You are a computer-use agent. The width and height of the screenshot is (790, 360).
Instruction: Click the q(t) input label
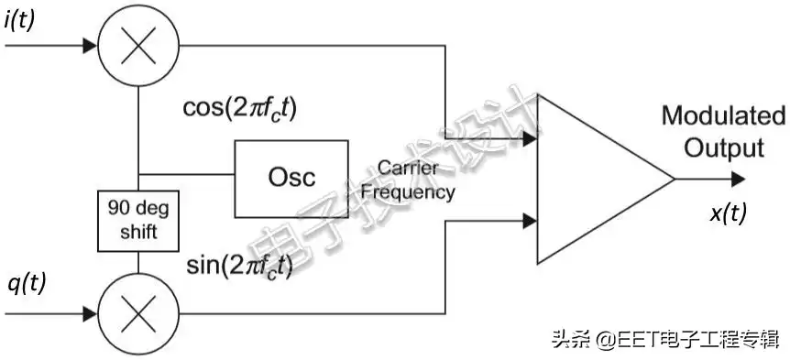[x=25, y=283]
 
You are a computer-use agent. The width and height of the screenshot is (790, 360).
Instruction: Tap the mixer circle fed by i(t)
[x=137, y=44]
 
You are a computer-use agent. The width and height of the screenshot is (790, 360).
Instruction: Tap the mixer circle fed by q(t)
[x=137, y=314]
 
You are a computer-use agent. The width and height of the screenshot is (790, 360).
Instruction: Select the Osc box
[x=291, y=177]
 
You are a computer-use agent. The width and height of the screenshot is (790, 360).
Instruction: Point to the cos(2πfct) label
[x=241, y=108]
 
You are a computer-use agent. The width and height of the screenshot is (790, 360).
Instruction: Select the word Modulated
[x=723, y=117]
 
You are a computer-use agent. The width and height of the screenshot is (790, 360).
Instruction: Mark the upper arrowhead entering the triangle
[x=529, y=138]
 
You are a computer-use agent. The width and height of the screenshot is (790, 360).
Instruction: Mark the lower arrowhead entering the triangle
[x=529, y=221]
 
